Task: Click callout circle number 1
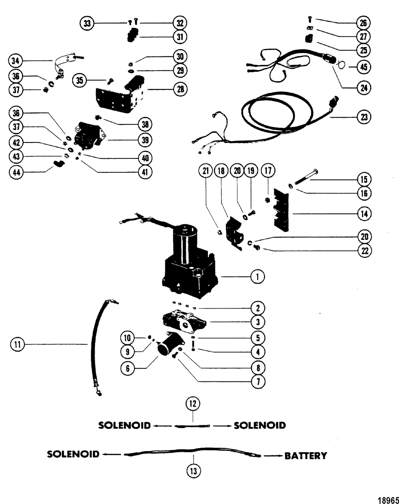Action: coord(258,277)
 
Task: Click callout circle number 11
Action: coord(17,344)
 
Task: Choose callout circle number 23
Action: coord(364,117)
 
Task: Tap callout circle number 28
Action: coord(180,89)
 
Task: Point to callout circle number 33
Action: coord(87,23)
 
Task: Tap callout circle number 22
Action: coord(365,251)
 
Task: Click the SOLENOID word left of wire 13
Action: coord(73,455)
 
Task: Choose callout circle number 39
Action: coord(145,140)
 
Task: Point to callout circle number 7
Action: coord(258,382)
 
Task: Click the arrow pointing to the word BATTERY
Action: coord(273,456)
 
